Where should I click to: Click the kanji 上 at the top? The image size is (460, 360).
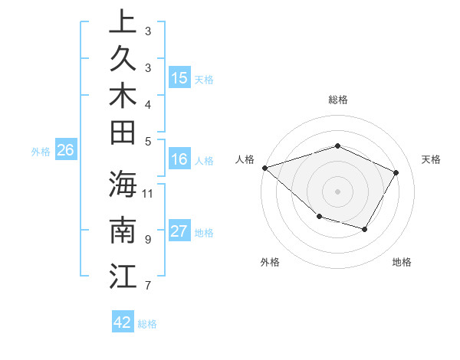tap(123, 22)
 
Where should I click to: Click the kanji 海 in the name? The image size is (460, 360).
tap(123, 186)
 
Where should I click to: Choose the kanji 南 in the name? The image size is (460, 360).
tap(123, 231)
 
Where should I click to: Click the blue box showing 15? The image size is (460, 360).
tap(179, 77)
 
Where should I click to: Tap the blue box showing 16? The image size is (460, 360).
tap(179, 159)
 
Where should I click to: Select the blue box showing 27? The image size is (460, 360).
tap(179, 231)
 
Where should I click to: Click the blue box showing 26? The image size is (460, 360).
tap(66, 150)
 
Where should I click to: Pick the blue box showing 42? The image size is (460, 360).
tap(123, 322)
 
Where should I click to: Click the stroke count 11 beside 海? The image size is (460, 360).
tap(149, 192)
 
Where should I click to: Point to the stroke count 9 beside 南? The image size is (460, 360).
tap(147, 239)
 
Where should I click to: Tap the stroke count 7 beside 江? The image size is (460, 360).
tap(147, 286)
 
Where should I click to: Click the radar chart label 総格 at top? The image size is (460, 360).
tap(337, 100)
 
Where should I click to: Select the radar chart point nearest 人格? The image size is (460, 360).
tap(264, 167)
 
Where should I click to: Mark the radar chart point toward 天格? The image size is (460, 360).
tap(396, 172)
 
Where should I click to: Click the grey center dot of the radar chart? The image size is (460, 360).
tap(337, 191)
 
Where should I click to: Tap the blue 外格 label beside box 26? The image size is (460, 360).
tap(41, 152)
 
